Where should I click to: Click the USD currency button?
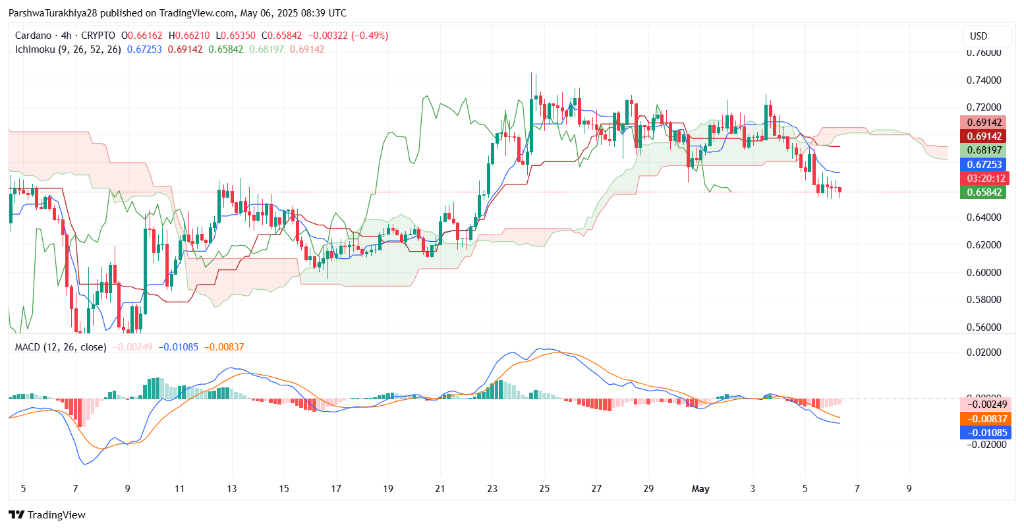coord(979,36)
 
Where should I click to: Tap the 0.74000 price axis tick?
coord(983,80)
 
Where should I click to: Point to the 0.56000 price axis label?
coord(983,327)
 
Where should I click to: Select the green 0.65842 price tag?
coord(983,192)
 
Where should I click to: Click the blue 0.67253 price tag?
coord(983,165)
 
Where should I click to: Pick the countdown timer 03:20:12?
coord(983,179)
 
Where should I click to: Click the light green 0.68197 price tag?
coord(983,151)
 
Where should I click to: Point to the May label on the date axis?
coord(700,489)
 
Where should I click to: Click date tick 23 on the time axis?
coord(492,489)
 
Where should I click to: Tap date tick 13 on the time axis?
coord(232,489)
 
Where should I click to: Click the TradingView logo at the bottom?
coord(47,515)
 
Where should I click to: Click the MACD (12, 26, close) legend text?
coord(60,347)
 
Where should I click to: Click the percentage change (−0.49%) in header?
coord(372,36)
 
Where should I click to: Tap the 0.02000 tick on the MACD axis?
coord(983,352)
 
